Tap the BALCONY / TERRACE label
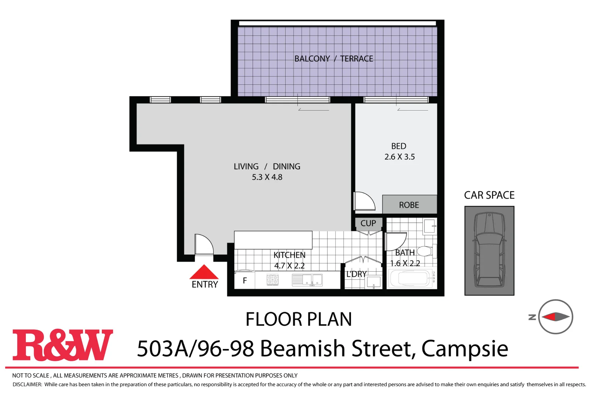[x=334, y=59]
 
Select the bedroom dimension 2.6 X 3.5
[x=400, y=157]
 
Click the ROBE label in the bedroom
[x=409, y=205]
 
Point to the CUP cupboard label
[x=368, y=223]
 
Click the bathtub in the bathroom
[x=410, y=279]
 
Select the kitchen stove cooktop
[x=273, y=280]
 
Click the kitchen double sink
[x=307, y=280]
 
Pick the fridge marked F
[x=245, y=281]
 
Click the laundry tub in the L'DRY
[x=373, y=283]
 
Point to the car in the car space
[x=489, y=251]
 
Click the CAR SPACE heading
[x=489, y=195]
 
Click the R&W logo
[x=63, y=345]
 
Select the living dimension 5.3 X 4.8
[x=267, y=177]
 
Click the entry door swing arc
[x=204, y=244]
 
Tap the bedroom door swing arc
[x=365, y=201]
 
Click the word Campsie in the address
[x=465, y=349]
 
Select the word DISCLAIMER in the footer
[x=27, y=384]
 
